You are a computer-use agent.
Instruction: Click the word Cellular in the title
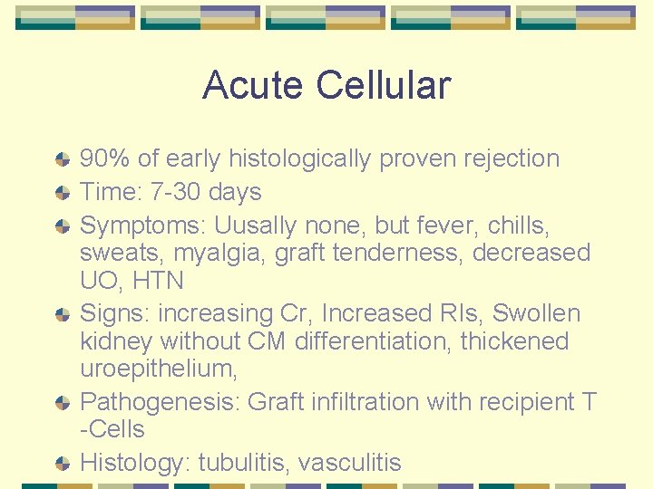(384, 86)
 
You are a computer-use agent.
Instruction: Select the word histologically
(300, 158)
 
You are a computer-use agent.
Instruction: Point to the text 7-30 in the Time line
(178, 192)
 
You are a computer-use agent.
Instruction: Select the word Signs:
(115, 313)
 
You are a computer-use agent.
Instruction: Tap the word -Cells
(112, 429)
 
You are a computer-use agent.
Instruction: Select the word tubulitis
(240, 463)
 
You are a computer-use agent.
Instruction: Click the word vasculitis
(350, 463)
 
